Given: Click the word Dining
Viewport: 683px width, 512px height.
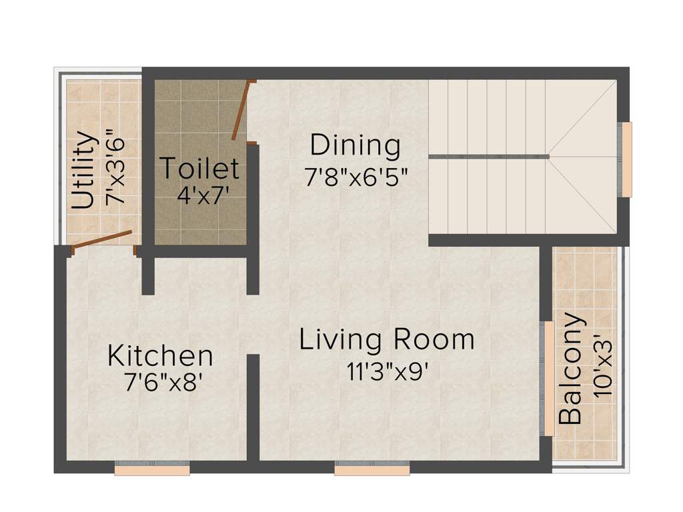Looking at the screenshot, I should click(x=355, y=145).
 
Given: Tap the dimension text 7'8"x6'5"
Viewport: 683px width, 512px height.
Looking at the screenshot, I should click(x=356, y=177).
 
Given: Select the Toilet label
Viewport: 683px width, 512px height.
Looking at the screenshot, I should click(x=199, y=168).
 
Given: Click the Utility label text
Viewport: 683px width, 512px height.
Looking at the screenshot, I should click(x=83, y=171).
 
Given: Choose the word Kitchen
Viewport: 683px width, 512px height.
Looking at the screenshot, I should click(x=160, y=355).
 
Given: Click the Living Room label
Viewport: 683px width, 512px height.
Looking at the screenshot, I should click(x=386, y=339).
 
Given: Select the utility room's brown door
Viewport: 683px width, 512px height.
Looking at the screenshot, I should click(x=102, y=240).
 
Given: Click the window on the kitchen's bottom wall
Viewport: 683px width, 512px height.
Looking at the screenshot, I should click(x=152, y=470).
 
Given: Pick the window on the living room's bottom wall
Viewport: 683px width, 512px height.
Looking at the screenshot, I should click(x=372, y=470).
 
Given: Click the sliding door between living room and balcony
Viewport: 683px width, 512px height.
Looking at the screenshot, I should click(x=547, y=379).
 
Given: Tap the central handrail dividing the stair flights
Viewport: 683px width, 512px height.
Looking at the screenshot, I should click(x=489, y=157).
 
